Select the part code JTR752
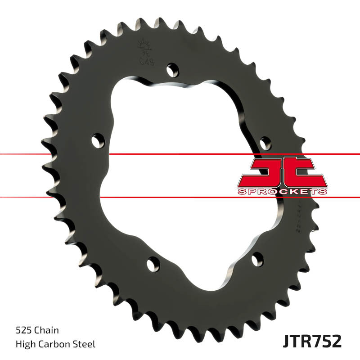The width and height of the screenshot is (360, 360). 312,341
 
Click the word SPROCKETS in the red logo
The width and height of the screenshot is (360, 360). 282,192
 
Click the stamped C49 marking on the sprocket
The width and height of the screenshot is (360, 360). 146,61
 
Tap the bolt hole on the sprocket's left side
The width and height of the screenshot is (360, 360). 98,141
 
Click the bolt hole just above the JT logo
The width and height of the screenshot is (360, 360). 265,144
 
